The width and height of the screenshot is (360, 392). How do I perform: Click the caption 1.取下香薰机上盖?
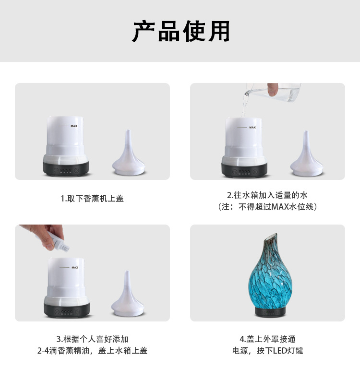pos(92,198)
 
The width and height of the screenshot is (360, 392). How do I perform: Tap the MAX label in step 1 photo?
pos(74,126)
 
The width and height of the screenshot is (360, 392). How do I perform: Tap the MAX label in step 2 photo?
pos(252,127)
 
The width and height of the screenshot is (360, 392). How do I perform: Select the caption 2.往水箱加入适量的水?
pos(267,195)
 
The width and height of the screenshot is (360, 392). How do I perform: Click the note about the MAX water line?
pos(267,207)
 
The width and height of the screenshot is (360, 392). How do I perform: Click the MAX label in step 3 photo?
pos(75,267)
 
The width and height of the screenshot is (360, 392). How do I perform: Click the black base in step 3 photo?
pos(67,310)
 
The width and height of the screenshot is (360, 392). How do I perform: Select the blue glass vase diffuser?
pos(267,276)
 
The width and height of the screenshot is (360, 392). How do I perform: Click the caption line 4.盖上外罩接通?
pos(267,339)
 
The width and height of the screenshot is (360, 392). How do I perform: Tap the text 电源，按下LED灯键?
pos(267,351)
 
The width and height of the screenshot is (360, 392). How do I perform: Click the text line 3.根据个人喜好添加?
pos(92,339)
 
